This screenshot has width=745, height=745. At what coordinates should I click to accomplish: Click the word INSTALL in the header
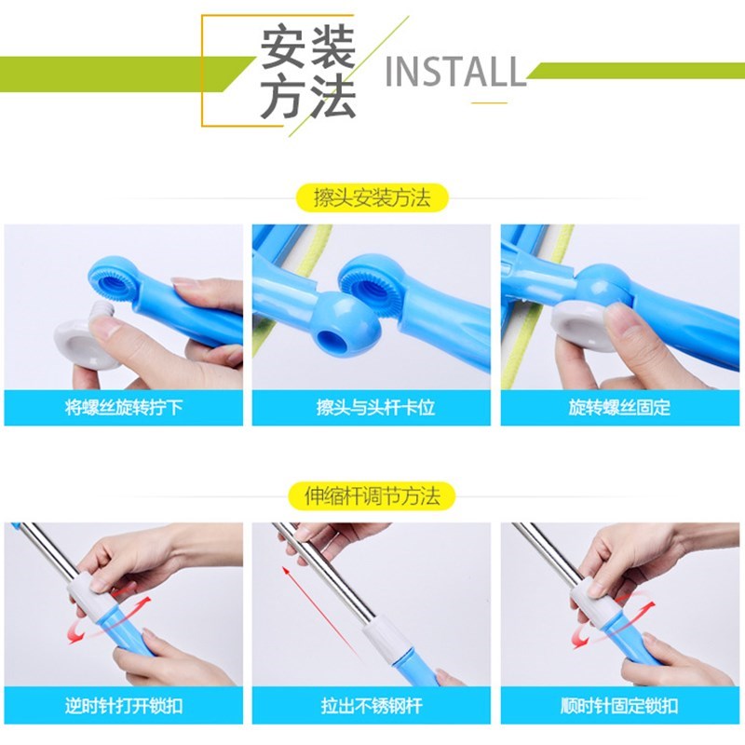coord(455,71)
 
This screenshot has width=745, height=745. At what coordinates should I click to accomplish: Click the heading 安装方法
coord(307,73)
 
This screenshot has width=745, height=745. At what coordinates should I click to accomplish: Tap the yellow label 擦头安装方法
coord(372,198)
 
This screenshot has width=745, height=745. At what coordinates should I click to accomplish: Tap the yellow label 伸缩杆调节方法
coord(372,495)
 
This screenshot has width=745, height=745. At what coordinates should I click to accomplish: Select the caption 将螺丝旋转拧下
coord(124,408)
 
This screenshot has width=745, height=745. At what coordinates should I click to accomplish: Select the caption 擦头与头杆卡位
coord(372,408)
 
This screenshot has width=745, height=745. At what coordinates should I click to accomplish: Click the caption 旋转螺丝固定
coord(619,408)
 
